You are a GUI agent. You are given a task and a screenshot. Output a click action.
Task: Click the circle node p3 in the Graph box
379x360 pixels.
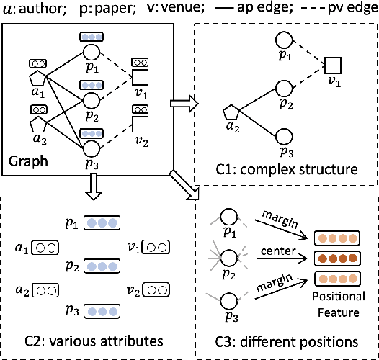coord(92,148)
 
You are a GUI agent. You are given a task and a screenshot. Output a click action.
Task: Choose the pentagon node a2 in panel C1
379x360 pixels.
coord(230,113)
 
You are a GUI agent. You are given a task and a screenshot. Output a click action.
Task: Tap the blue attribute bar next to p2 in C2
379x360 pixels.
coord(102,266)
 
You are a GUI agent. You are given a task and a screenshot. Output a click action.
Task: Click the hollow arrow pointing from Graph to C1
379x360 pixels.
coord(182,104)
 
